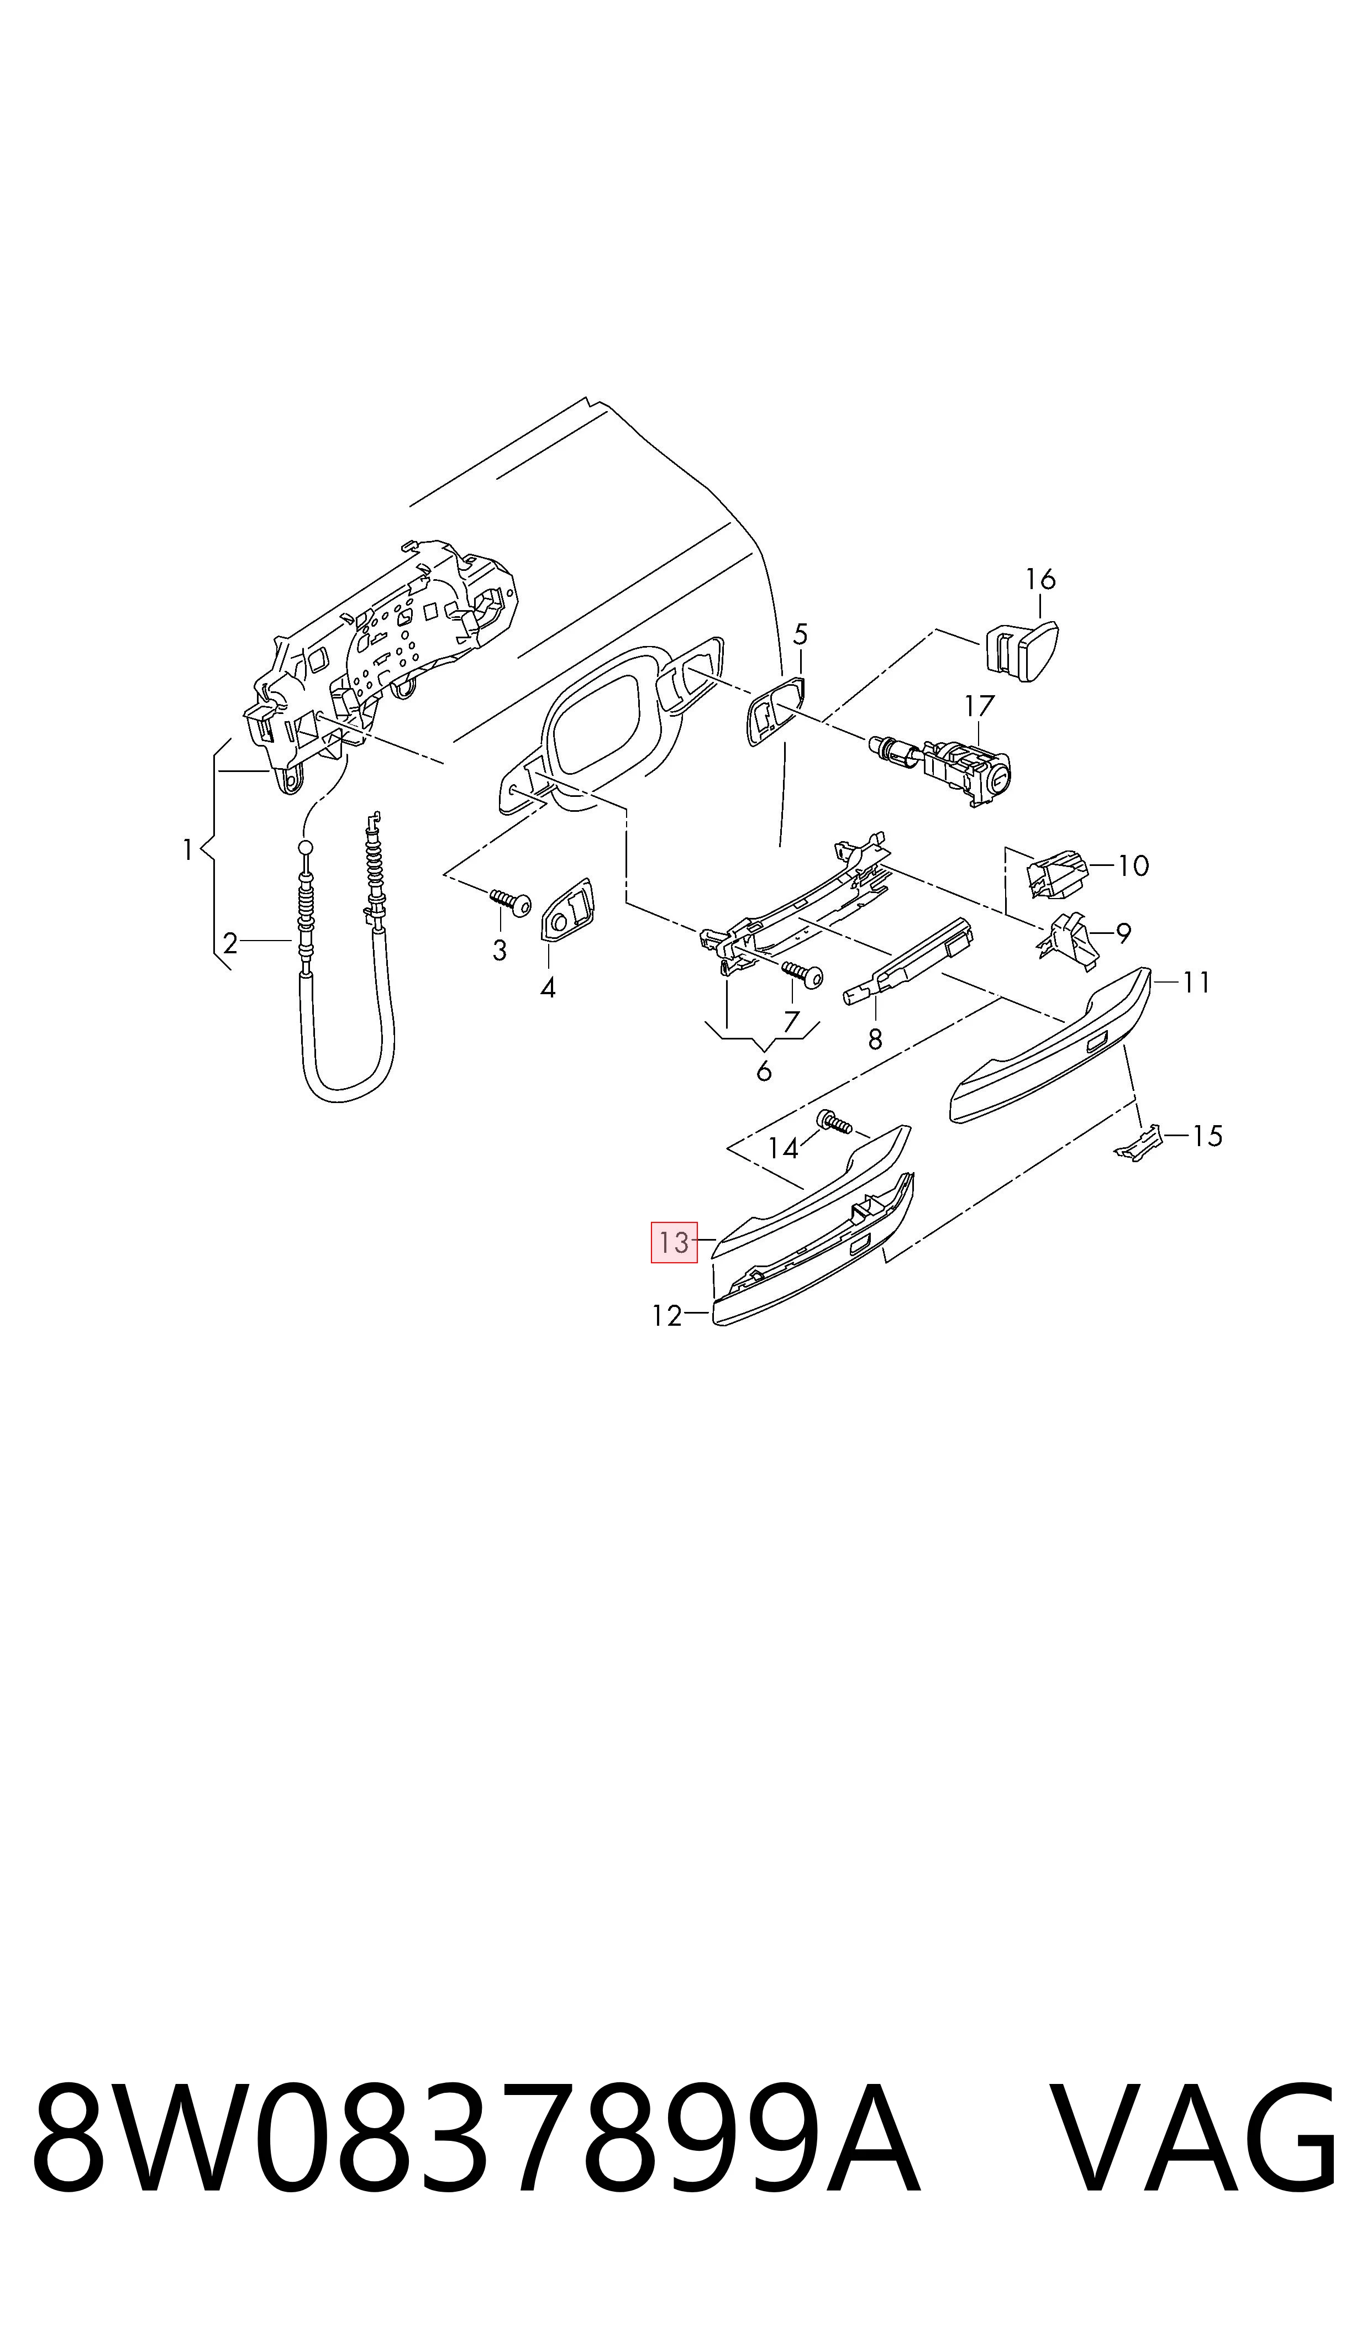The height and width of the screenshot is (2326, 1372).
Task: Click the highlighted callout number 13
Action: pos(674,1242)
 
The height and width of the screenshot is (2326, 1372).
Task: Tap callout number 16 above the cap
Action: pos(1040,580)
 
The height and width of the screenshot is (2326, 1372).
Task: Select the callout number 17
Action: pos(979,706)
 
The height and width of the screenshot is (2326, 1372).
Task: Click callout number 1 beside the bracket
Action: pos(188,849)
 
